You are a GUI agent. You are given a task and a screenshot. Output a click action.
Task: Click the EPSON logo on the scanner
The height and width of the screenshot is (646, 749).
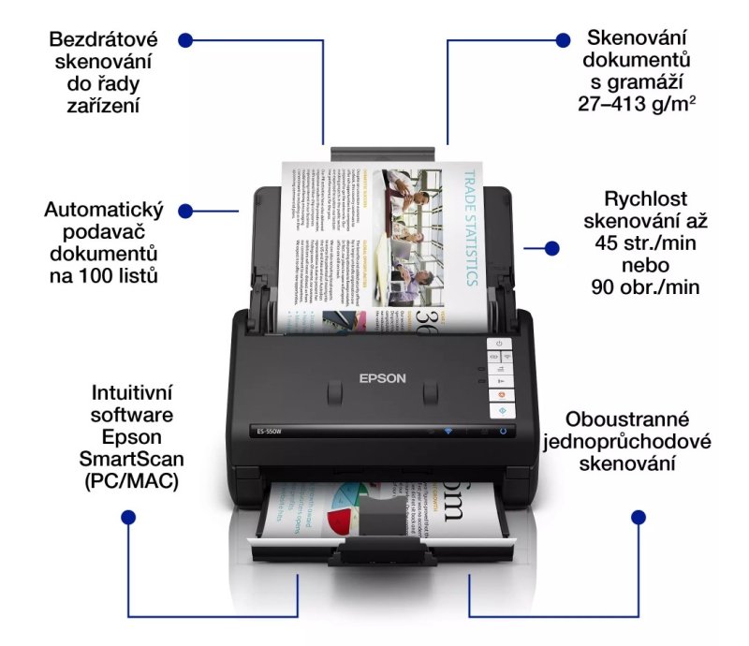383,378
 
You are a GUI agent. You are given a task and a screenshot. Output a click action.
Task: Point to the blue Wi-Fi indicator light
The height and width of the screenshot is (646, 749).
448,432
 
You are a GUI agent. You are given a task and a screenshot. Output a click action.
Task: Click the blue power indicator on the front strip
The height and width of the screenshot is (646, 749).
502,432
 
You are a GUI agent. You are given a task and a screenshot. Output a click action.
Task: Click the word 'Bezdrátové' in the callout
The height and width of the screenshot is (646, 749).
104,39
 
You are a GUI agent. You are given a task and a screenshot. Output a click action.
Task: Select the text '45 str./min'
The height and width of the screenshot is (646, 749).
646,242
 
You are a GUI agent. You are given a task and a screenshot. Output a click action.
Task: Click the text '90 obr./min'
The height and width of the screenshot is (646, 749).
646,286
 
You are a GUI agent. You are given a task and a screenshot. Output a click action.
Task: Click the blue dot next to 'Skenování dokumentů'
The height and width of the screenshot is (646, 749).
563,40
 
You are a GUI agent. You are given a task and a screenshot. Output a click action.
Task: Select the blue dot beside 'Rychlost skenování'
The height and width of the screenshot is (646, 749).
552,248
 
